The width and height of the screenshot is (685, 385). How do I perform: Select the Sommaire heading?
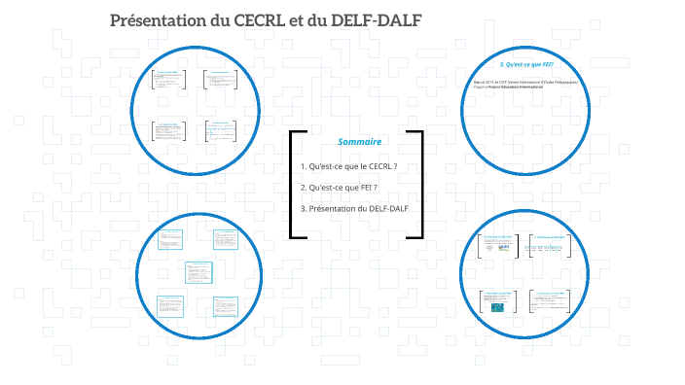pyautogui.click(x=358, y=142)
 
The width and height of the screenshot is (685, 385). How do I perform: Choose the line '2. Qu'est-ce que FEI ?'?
pyautogui.click(x=339, y=187)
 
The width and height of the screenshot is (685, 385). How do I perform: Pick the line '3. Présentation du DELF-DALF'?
pyautogui.click(x=354, y=208)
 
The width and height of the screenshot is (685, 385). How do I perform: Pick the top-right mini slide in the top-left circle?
pyautogui.click(x=221, y=81)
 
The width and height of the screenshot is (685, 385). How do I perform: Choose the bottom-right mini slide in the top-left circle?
pyautogui.click(x=221, y=132)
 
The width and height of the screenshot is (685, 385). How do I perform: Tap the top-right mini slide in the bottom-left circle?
pyautogui.click(x=225, y=239)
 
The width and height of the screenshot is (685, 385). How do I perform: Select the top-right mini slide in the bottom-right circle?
pyautogui.click(x=550, y=247)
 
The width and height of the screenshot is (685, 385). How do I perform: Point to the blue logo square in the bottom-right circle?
pyautogui.click(x=498, y=307)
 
